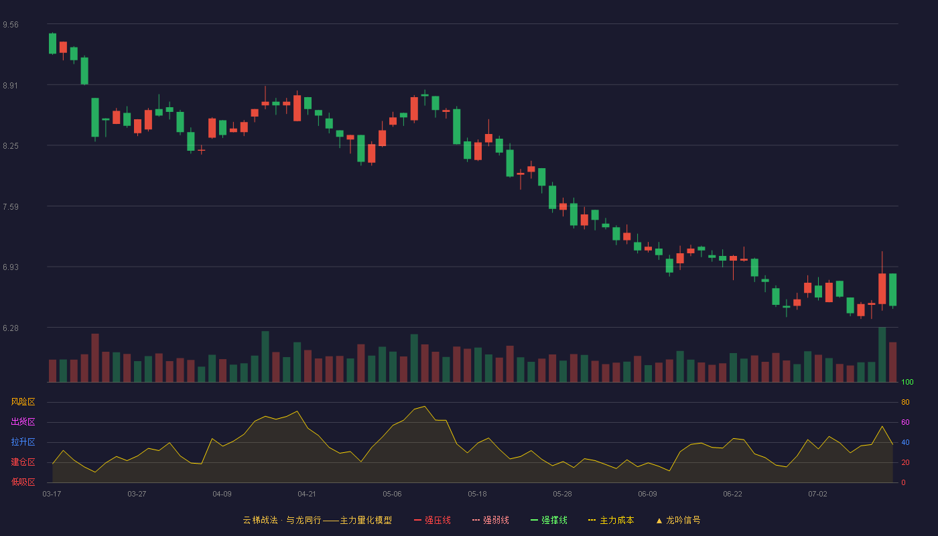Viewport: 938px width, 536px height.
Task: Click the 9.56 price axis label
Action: pos(11,25)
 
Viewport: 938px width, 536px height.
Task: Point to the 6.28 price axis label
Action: pos(11,328)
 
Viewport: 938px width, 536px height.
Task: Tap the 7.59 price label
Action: pos(11,207)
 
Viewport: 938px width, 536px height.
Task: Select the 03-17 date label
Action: pos(52,494)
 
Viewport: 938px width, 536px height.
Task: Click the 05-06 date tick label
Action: pos(392,494)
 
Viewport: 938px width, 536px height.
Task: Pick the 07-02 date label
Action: pos(817,494)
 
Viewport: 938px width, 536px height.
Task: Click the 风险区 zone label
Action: pos(23,402)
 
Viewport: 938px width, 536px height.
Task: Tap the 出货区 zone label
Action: pos(23,421)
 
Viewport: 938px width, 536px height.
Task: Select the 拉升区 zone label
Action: pos(23,442)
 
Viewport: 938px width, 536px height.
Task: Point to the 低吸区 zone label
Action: pos(23,482)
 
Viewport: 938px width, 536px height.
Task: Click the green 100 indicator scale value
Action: pos(907,382)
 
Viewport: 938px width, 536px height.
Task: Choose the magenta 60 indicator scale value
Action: pos(905,422)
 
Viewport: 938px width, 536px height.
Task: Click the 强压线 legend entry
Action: pos(432,520)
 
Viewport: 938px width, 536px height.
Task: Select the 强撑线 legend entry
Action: pos(549,520)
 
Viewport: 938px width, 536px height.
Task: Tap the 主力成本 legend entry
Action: pos(611,520)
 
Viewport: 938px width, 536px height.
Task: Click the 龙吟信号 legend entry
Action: pos(678,520)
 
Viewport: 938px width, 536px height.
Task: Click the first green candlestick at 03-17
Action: pos(52,44)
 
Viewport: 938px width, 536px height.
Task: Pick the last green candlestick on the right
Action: pos(892,289)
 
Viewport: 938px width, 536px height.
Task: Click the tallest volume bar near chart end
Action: pos(882,354)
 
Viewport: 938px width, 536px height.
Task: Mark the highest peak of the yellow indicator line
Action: pos(425,406)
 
